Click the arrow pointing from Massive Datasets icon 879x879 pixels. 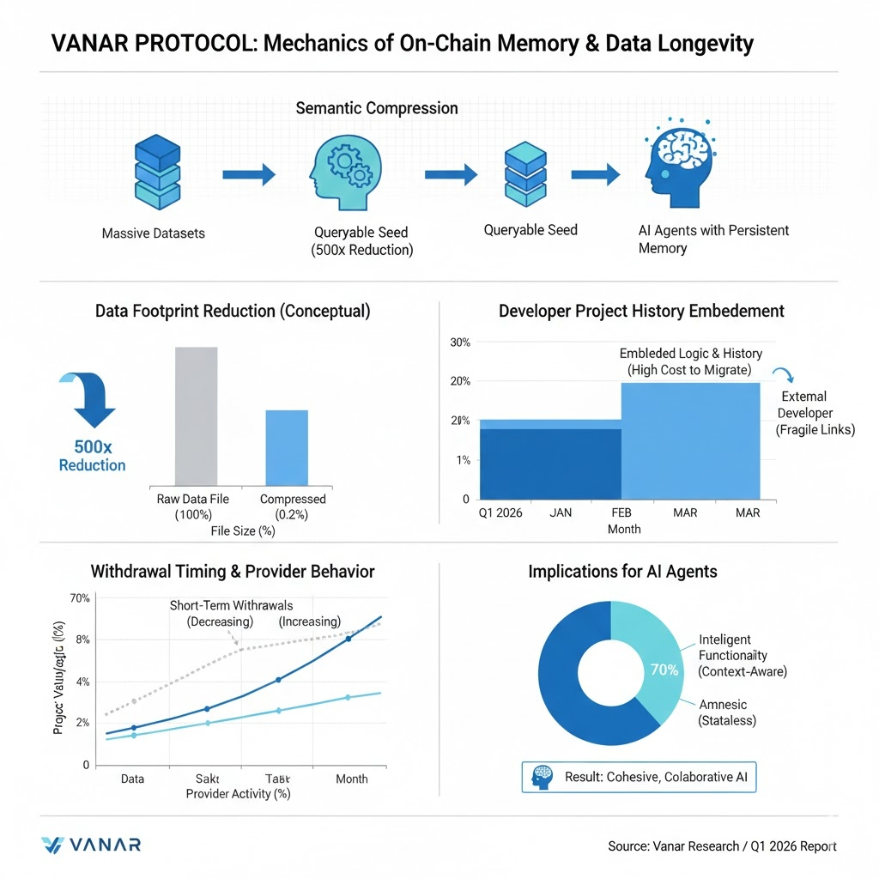click(x=249, y=176)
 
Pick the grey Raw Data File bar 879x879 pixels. click(x=196, y=416)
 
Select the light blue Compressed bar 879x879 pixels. click(x=287, y=447)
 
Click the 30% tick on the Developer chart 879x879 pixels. click(x=460, y=343)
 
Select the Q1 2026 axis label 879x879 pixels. click(x=500, y=513)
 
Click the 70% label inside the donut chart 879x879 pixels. click(x=664, y=670)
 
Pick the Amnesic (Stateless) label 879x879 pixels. click(x=727, y=712)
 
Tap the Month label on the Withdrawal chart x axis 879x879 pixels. click(x=351, y=779)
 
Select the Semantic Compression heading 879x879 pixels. click(x=376, y=108)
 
